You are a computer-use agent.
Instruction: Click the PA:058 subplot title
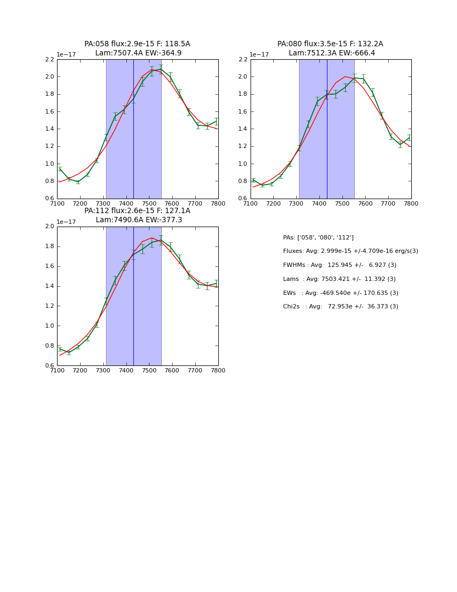(x=137, y=48)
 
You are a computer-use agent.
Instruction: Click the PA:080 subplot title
(x=330, y=48)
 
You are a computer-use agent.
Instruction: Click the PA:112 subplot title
(x=137, y=215)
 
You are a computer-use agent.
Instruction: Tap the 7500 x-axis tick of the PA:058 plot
(x=149, y=203)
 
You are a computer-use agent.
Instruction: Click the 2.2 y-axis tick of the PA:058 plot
(x=49, y=59)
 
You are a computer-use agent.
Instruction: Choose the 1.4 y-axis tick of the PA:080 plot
(x=243, y=129)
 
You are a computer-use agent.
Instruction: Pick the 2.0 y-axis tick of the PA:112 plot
(x=49, y=227)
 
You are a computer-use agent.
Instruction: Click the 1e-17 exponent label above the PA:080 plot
(x=259, y=54)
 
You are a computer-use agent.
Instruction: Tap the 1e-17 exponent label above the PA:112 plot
(x=66, y=222)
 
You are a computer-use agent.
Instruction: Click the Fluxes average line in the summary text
(x=350, y=251)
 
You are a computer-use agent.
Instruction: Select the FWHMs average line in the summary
(x=339, y=265)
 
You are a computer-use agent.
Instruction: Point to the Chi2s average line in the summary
(x=340, y=307)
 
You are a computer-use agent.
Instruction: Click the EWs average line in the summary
(x=340, y=293)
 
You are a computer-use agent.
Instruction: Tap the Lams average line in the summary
(x=339, y=279)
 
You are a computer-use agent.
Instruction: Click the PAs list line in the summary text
(x=318, y=238)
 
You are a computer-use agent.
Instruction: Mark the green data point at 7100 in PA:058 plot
(x=60, y=169)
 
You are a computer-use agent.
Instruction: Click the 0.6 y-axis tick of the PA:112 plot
(x=49, y=365)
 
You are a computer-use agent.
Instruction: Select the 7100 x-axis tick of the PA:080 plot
(x=251, y=203)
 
